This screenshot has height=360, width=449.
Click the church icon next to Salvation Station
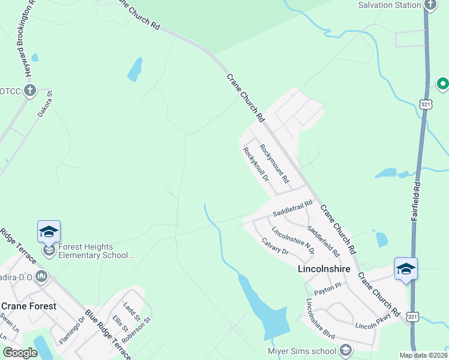coord(430,5)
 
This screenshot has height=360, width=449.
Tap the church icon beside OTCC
coord(28,91)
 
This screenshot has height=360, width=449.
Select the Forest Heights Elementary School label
coord(96,251)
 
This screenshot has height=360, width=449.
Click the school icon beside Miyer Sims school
coord(345,350)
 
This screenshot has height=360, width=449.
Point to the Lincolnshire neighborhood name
coord(324,269)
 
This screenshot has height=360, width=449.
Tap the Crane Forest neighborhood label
coord(29,306)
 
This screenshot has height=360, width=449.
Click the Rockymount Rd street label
coord(274,163)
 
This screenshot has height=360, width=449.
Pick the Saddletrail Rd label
coord(293,208)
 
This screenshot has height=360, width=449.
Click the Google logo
coord(20,353)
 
